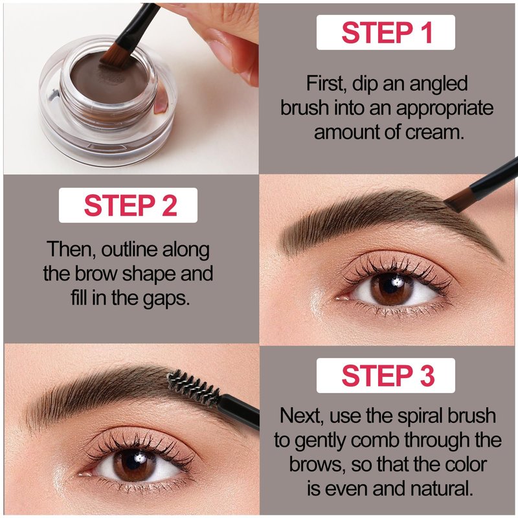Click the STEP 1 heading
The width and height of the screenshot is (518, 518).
(387, 32)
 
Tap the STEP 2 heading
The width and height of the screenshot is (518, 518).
(131, 205)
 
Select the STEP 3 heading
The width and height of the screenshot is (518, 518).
(388, 376)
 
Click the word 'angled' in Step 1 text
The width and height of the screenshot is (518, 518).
(438, 84)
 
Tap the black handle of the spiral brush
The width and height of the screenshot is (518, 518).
(239, 411)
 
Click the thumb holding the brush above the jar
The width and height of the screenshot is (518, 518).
(231, 53)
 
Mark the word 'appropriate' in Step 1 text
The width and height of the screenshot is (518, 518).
(444, 109)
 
